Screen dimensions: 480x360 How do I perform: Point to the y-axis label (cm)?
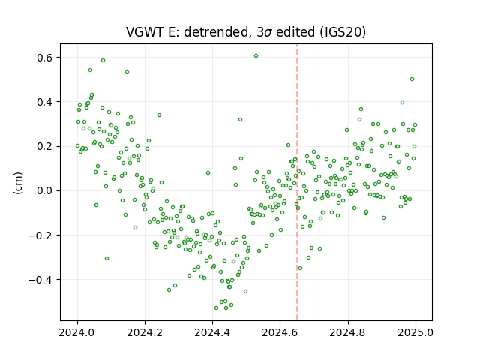point(18,183)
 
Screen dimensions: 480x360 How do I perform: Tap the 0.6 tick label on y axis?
point(45,58)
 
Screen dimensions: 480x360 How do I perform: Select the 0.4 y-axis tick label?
point(45,102)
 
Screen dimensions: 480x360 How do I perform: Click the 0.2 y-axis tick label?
point(45,146)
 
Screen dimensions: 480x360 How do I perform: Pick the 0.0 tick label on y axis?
point(45,190)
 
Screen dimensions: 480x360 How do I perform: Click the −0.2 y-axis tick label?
point(41,235)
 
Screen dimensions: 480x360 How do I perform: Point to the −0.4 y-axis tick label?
point(41,280)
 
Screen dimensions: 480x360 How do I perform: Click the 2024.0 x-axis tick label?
point(77,332)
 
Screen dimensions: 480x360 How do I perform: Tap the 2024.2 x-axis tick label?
point(145,332)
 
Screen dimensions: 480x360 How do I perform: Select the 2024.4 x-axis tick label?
point(212,332)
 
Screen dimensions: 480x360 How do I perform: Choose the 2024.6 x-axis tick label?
point(280,332)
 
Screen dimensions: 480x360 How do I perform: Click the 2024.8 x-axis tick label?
point(348,332)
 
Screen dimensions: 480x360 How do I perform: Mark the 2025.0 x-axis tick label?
point(415,332)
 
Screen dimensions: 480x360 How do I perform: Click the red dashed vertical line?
point(297,182)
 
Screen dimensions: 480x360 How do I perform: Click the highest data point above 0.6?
point(256,55)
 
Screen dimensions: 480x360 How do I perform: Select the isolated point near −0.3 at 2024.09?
point(106,258)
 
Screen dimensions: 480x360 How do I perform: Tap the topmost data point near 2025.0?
point(412,79)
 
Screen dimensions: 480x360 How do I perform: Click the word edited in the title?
point(295,31)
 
